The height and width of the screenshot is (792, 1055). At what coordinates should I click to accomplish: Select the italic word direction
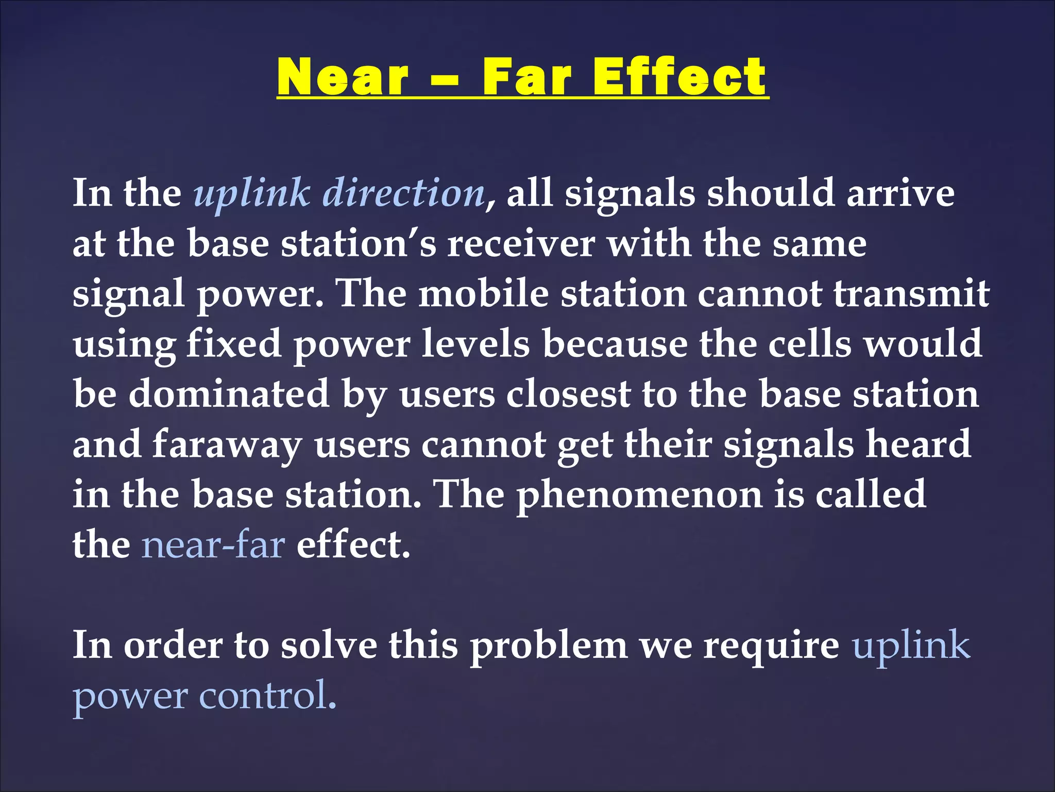pyautogui.click(x=403, y=193)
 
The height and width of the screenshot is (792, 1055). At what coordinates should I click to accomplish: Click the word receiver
pyautogui.click(x=521, y=243)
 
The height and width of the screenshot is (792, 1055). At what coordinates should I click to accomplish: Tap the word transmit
pyautogui.click(x=911, y=293)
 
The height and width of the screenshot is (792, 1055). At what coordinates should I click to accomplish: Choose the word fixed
pyautogui.click(x=233, y=343)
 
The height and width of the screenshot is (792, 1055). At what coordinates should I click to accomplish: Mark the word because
pyautogui.click(x=615, y=343)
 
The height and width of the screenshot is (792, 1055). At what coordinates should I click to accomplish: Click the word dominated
pyautogui.click(x=229, y=394)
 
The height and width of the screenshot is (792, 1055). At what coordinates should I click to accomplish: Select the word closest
pyautogui.click(x=568, y=394)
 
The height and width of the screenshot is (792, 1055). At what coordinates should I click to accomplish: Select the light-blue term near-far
pyautogui.click(x=213, y=544)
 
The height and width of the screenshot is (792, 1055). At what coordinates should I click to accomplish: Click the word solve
pyautogui.click(x=329, y=645)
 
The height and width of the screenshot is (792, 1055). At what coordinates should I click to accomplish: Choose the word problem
pyautogui.click(x=549, y=645)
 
